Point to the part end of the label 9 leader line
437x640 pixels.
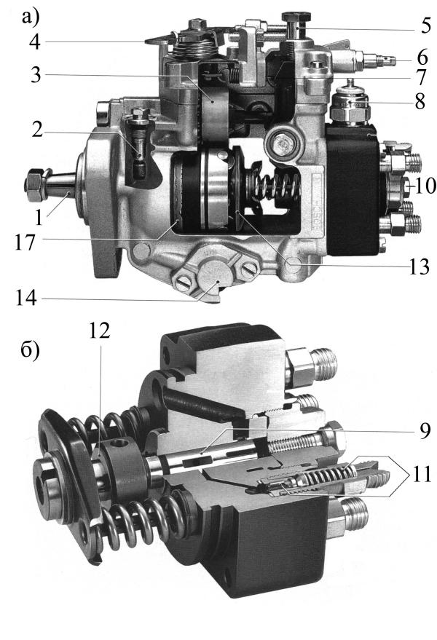pyautogui.click(x=203, y=452)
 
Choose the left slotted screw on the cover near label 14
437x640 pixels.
pyautogui.click(x=183, y=281)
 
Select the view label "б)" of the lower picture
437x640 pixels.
pyautogui.click(x=30, y=352)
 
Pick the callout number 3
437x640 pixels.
pyautogui.click(x=36, y=75)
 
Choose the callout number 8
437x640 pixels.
pyautogui.click(x=420, y=102)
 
